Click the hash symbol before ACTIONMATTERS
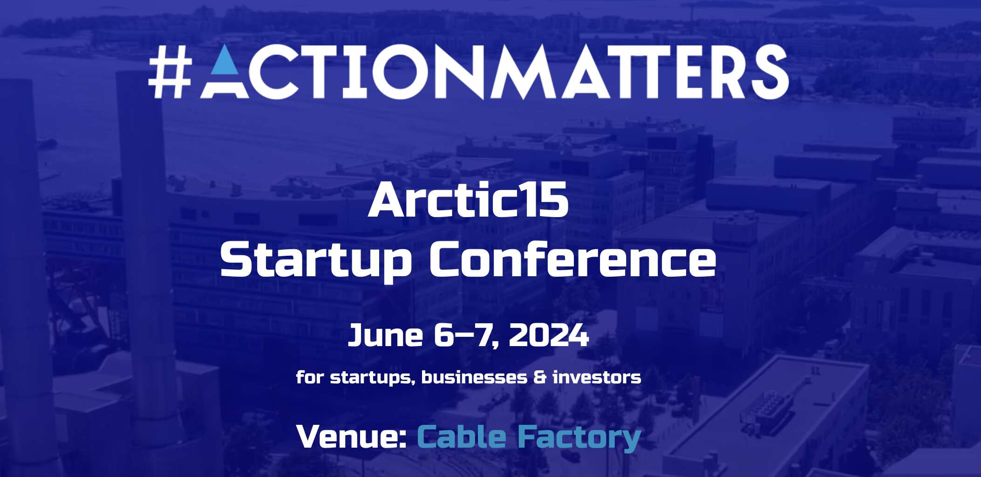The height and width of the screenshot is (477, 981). [170, 72]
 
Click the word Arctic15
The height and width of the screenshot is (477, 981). [468, 201]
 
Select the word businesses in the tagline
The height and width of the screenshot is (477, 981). [474, 377]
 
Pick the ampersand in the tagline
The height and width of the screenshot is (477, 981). [539, 377]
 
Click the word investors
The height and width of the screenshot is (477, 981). [597, 377]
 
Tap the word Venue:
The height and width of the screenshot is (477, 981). [352, 436]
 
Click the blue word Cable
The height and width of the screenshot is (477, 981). [461, 436]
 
